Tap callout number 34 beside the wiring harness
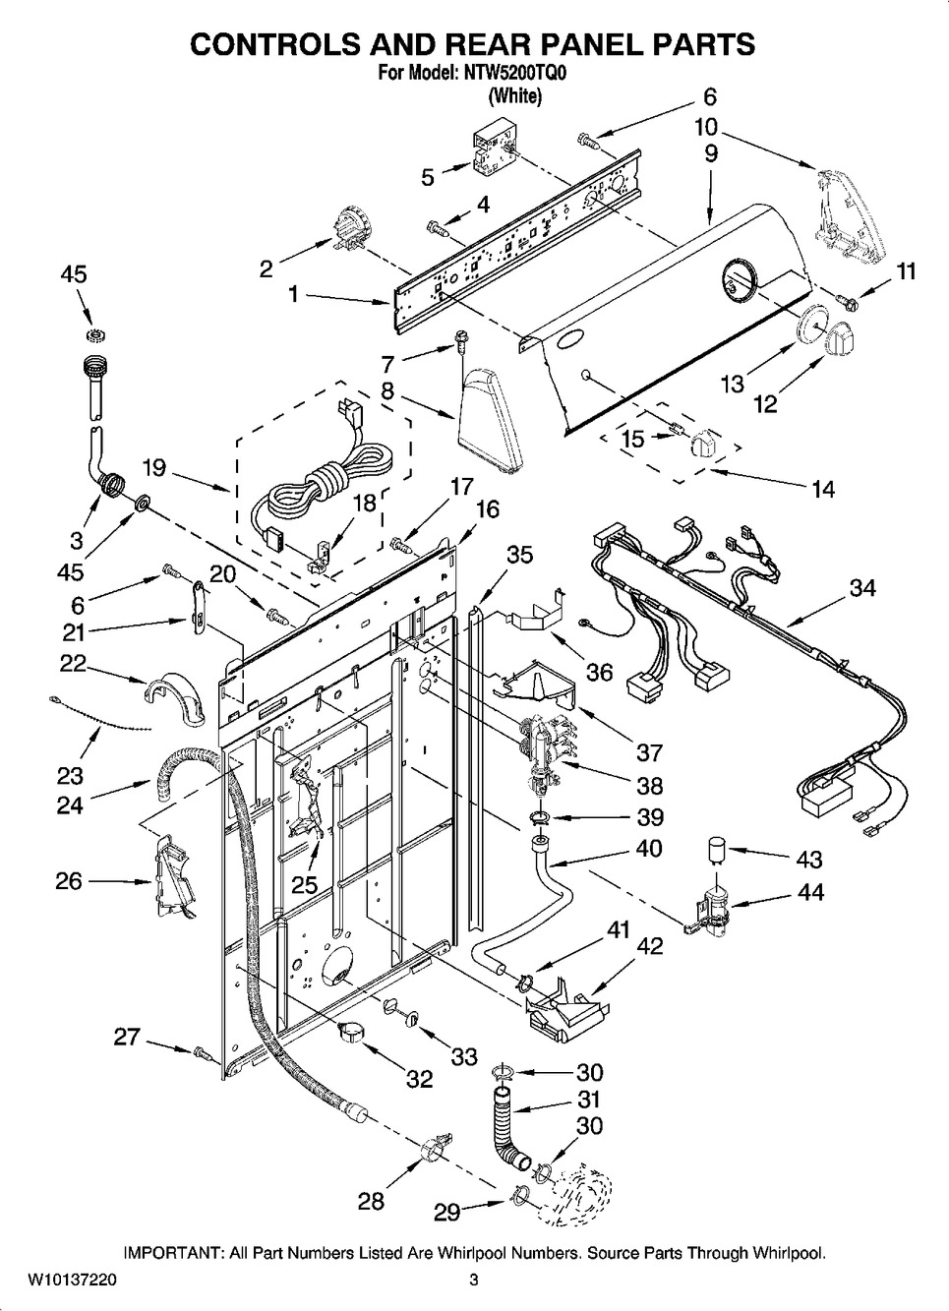(861, 588)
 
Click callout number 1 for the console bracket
(292, 292)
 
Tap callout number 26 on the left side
(69, 880)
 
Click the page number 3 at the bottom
(473, 1281)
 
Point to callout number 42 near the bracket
(649, 946)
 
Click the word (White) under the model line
(514, 96)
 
